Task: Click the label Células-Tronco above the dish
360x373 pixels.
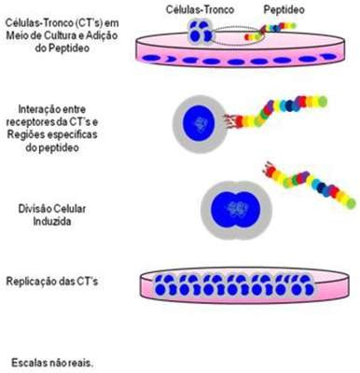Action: [200, 9]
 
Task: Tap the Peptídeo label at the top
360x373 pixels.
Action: [284, 9]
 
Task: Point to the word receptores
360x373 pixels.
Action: [30, 122]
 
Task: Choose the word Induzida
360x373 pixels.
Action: [52, 221]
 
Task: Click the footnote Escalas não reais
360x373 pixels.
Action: [52, 363]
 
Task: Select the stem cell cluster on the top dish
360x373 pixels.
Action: [200, 32]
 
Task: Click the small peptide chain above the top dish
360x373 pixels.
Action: [270, 32]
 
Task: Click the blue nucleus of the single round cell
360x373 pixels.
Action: [199, 123]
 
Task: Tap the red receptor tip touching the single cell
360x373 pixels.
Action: [229, 120]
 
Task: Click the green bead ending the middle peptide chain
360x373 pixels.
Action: [323, 102]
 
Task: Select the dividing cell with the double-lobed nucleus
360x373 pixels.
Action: [236, 210]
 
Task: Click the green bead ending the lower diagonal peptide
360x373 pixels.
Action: [351, 203]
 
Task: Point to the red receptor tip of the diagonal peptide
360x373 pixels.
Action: [269, 169]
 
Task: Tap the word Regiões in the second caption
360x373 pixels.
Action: [23, 134]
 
